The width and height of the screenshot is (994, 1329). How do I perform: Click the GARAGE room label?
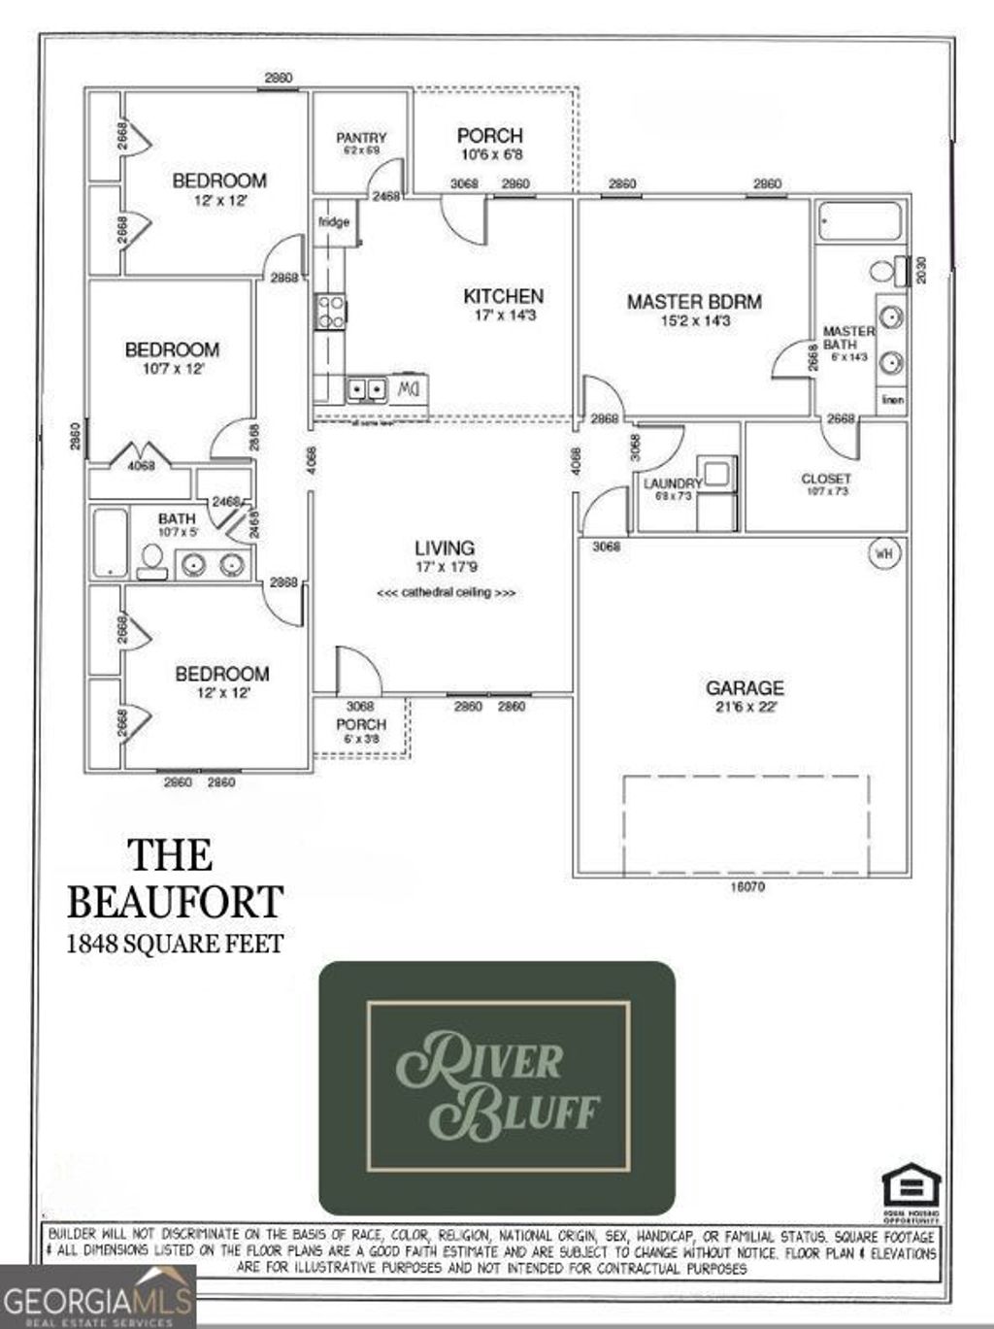745,688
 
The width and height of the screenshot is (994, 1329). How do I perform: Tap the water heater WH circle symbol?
883,553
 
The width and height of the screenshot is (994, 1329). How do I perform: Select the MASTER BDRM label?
694,302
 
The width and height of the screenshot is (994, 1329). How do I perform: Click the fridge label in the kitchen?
334,222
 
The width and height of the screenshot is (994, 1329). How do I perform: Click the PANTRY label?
361,138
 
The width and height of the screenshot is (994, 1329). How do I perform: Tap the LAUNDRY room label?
672,483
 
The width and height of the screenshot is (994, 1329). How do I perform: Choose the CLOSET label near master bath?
826,479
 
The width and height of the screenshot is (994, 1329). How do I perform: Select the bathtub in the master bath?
859,221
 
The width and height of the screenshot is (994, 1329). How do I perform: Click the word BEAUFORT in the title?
175,901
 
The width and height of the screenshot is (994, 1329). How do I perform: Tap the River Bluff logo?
497,1087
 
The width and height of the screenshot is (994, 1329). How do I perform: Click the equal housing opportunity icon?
911,1190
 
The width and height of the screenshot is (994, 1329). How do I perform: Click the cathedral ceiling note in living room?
446,592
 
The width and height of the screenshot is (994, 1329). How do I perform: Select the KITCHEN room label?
503,296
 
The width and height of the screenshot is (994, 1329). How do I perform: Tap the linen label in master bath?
893,399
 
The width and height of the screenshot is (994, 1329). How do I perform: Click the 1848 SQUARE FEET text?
175,943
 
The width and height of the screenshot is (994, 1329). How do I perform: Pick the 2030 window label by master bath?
921,270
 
